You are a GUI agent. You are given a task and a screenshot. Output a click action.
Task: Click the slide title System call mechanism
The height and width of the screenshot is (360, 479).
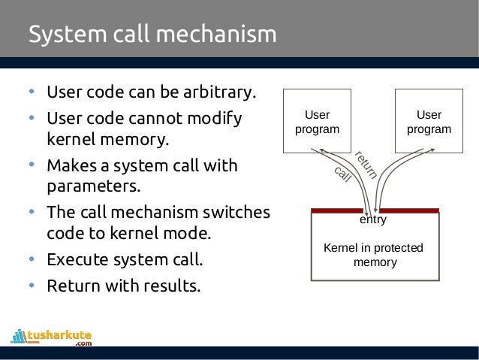click(x=152, y=35)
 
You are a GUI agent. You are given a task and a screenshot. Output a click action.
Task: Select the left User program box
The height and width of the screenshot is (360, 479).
click(x=316, y=122)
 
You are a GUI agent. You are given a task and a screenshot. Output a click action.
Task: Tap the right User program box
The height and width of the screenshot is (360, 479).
click(x=429, y=122)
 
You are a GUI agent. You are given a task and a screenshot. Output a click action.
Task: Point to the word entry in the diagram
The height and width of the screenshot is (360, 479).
click(x=373, y=220)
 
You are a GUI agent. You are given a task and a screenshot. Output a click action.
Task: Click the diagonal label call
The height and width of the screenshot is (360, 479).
click(x=342, y=174)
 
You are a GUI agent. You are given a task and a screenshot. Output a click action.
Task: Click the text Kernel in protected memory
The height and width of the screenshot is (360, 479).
click(x=373, y=255)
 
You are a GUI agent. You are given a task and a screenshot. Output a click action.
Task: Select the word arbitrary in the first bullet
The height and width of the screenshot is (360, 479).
click(x=219, y=94)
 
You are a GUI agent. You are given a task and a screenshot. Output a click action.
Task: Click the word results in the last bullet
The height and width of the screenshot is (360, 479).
click(x=174, y=286)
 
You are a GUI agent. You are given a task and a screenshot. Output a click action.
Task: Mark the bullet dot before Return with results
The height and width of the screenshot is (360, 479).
click(x=32, y=286)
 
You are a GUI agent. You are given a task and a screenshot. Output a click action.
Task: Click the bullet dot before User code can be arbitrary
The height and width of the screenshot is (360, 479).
click(x=32, y=94)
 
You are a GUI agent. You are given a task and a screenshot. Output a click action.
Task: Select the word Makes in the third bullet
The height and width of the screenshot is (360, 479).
click(x=70, y=165)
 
